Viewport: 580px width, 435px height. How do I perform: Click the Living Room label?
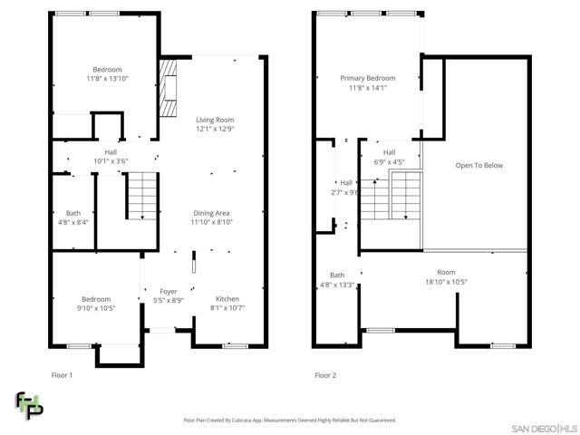pos(215,120)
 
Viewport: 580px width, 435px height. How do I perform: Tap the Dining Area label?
pos(211,213)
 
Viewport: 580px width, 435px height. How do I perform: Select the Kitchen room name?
pos(227,299)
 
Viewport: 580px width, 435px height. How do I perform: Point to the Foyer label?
pos(169,292)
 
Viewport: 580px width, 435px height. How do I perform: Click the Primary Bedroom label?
pos(368,79)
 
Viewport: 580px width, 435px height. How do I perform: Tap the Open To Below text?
pos(479,165)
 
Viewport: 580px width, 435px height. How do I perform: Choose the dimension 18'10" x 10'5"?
pos(446,282)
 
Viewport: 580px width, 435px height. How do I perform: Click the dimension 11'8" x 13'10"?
pos(107,79)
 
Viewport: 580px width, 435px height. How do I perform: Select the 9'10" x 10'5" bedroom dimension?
pos(96,308)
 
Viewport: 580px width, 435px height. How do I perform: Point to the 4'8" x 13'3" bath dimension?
pos(337,285)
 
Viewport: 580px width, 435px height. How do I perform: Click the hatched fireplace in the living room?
pos(168,88)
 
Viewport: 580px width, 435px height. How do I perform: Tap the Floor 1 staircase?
pos(142,196)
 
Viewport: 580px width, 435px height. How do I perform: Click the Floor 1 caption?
pos(62,375)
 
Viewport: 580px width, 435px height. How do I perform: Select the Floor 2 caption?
pos(325,375)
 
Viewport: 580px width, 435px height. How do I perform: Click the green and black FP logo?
pos(29,405)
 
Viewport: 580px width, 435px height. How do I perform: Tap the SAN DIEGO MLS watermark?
pos(544,429)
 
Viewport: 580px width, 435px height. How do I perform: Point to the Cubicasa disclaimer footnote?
pos(290,420)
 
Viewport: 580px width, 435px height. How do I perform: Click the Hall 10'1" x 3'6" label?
pos(111,157)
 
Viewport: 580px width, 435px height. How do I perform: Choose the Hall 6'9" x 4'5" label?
pos(389,157)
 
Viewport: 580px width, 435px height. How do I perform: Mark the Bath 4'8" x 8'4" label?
pos(73,217)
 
